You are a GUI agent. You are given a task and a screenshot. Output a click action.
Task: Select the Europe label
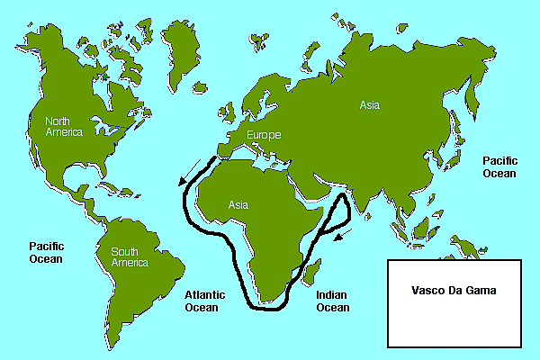click(x=263, y=135)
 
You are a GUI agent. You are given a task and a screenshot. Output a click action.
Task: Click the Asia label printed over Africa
click(x=238, y=204)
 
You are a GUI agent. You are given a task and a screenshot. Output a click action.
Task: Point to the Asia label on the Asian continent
click(x=371, y=104)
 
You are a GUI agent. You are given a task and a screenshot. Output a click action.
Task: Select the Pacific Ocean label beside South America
click(x=45, y=252)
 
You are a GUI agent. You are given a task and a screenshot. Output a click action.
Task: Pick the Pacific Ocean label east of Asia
click(x=499, y=166)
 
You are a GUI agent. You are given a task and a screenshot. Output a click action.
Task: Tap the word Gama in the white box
click(x=481, y=292)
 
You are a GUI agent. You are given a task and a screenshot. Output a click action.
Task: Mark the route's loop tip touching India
click(x=346, y=197)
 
